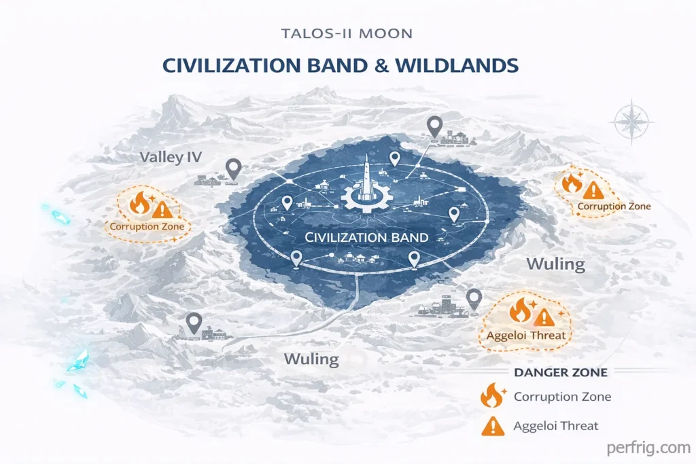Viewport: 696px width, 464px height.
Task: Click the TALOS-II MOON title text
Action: pos(348,34)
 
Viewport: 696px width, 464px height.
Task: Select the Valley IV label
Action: pos(171,158)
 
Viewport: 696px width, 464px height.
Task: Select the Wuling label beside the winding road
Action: pos(312,358)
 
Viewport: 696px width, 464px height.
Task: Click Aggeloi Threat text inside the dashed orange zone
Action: pos(526,335)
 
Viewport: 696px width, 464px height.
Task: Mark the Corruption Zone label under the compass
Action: pos(614,207)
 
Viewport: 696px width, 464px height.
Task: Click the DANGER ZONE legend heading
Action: pos(561,372)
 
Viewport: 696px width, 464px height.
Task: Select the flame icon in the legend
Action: pos(491,396)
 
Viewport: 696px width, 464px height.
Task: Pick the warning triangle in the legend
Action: pos(492,426)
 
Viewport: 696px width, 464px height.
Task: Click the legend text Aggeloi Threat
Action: pos(556,426)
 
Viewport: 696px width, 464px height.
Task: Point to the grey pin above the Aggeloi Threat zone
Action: pos(474,298)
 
